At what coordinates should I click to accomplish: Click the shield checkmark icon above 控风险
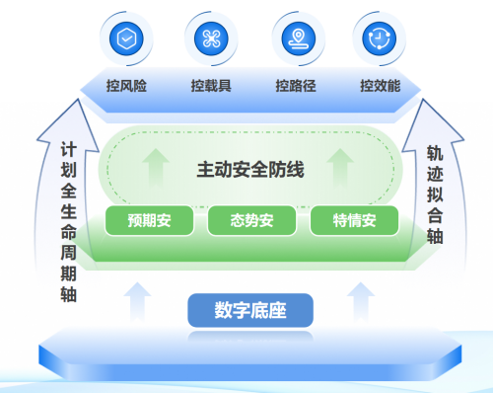126,39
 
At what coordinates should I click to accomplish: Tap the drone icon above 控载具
211,39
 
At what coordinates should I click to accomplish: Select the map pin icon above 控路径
299,39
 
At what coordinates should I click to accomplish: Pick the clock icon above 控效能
380,39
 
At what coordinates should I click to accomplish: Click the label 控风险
126,86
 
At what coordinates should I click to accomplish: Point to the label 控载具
211,86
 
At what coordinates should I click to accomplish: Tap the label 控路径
296,86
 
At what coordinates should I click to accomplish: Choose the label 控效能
381,86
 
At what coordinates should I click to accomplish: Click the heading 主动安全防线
250,170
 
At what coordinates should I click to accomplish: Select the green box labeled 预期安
149,220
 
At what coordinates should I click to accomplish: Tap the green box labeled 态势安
251,220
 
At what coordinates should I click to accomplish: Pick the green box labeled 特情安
354,220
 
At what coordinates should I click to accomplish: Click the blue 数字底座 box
250,310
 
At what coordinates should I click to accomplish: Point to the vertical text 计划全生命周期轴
69,222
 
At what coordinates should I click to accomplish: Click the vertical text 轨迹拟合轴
435,195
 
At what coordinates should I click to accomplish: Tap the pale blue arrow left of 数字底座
137,301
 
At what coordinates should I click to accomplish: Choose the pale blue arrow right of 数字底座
361,301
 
